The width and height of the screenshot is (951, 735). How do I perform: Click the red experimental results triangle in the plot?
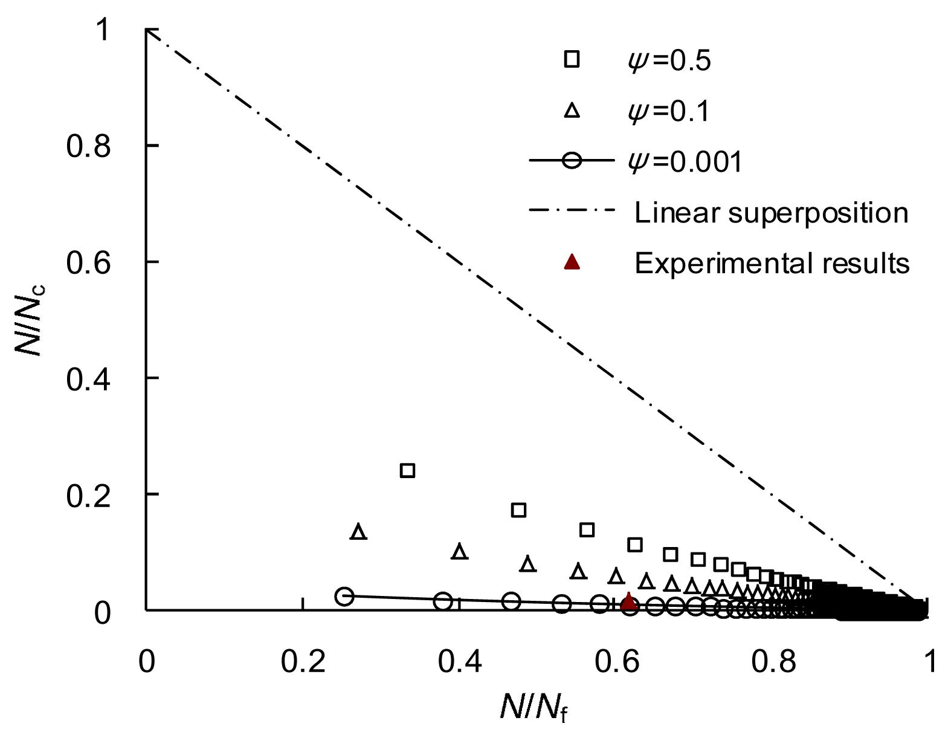click(x=629, y=601)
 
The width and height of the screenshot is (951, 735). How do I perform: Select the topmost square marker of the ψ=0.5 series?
click(x=408, y=470)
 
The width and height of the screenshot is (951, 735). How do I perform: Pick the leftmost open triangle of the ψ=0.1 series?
click(x=359, y=532)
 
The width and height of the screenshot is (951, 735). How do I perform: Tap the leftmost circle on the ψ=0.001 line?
click(x=344, y=596)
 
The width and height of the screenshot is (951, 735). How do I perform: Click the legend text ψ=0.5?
click(x=669, y=60)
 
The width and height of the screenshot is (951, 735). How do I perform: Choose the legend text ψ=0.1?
click(x=669, y=111)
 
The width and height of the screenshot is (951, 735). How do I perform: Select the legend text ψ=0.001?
click(x=685, y=162)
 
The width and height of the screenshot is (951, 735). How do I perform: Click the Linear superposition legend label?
click(x=771, y=213)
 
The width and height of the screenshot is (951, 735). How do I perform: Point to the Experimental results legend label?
click(x=772, y=264)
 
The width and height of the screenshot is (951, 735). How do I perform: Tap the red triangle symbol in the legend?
click(x=572, y=262)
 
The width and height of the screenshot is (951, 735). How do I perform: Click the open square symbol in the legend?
click(x=572, y=59)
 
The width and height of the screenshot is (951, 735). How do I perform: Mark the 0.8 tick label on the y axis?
click(x=89, y=146)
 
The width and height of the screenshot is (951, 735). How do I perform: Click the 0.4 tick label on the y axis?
click(x=89, y=379)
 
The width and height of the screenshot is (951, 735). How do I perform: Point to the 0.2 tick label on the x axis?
click(x=303, y=662)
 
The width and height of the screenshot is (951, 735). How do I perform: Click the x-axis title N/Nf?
click(x=534, y=706)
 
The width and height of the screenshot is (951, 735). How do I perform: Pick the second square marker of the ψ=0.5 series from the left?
click(x=518, y=510)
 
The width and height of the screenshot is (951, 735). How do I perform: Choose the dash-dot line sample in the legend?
click(x=572, y=212)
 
